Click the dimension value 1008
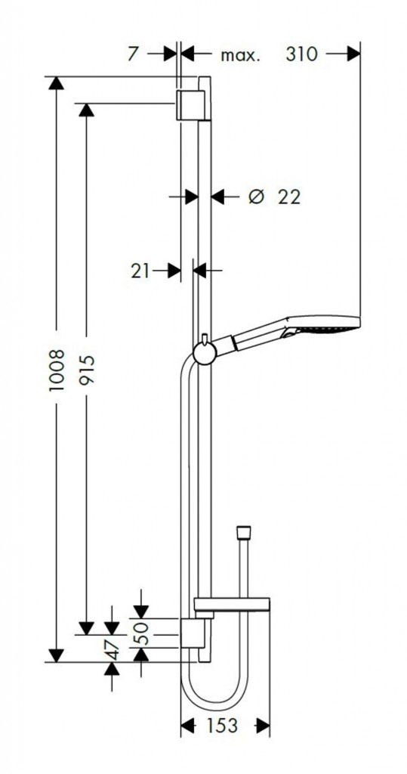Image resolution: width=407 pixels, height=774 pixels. tap(57, 370)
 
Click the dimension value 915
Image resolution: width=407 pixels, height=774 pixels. tap(86, 370)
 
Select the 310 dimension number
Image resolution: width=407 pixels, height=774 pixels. tap(301, 54)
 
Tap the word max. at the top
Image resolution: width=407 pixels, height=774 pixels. tap(240, 55)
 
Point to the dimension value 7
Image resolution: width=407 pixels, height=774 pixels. tap(133, 54)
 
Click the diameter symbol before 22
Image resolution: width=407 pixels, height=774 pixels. tap(257, 197)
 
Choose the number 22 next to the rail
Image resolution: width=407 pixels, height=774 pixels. tap(289, 197)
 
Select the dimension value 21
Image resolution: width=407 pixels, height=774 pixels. tap(140, 271)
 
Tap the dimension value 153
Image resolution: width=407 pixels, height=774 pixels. tap(221, 725)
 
